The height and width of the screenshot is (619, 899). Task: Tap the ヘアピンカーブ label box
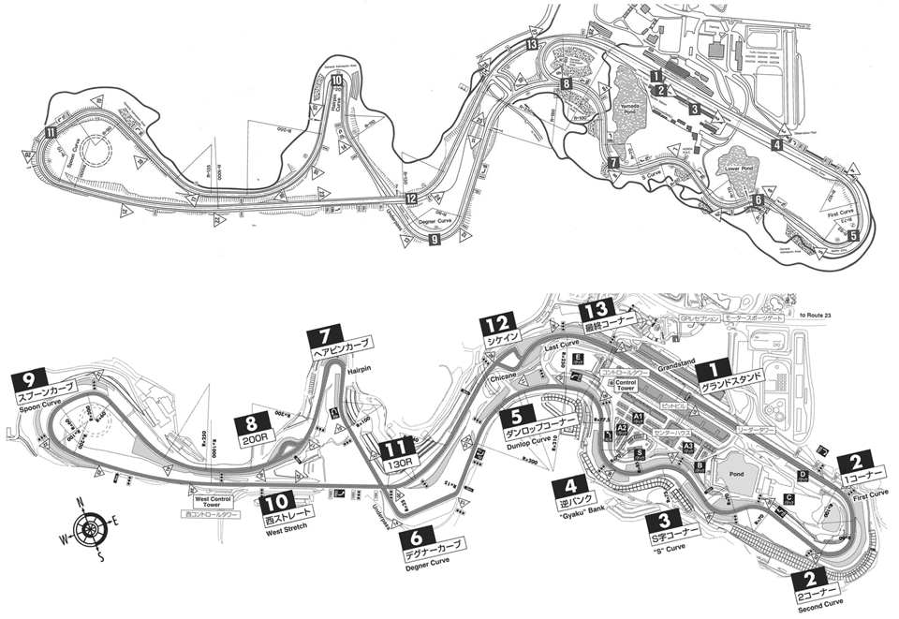click(343, 345)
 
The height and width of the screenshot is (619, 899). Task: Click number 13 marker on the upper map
click(532, 44)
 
